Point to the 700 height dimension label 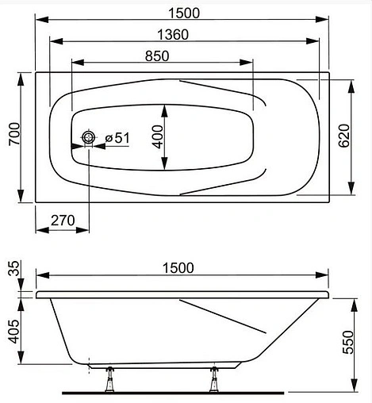(11, 140)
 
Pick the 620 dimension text (343, 139)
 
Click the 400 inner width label (158, 138)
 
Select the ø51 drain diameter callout (116, 138)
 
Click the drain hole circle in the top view (89, 138)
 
